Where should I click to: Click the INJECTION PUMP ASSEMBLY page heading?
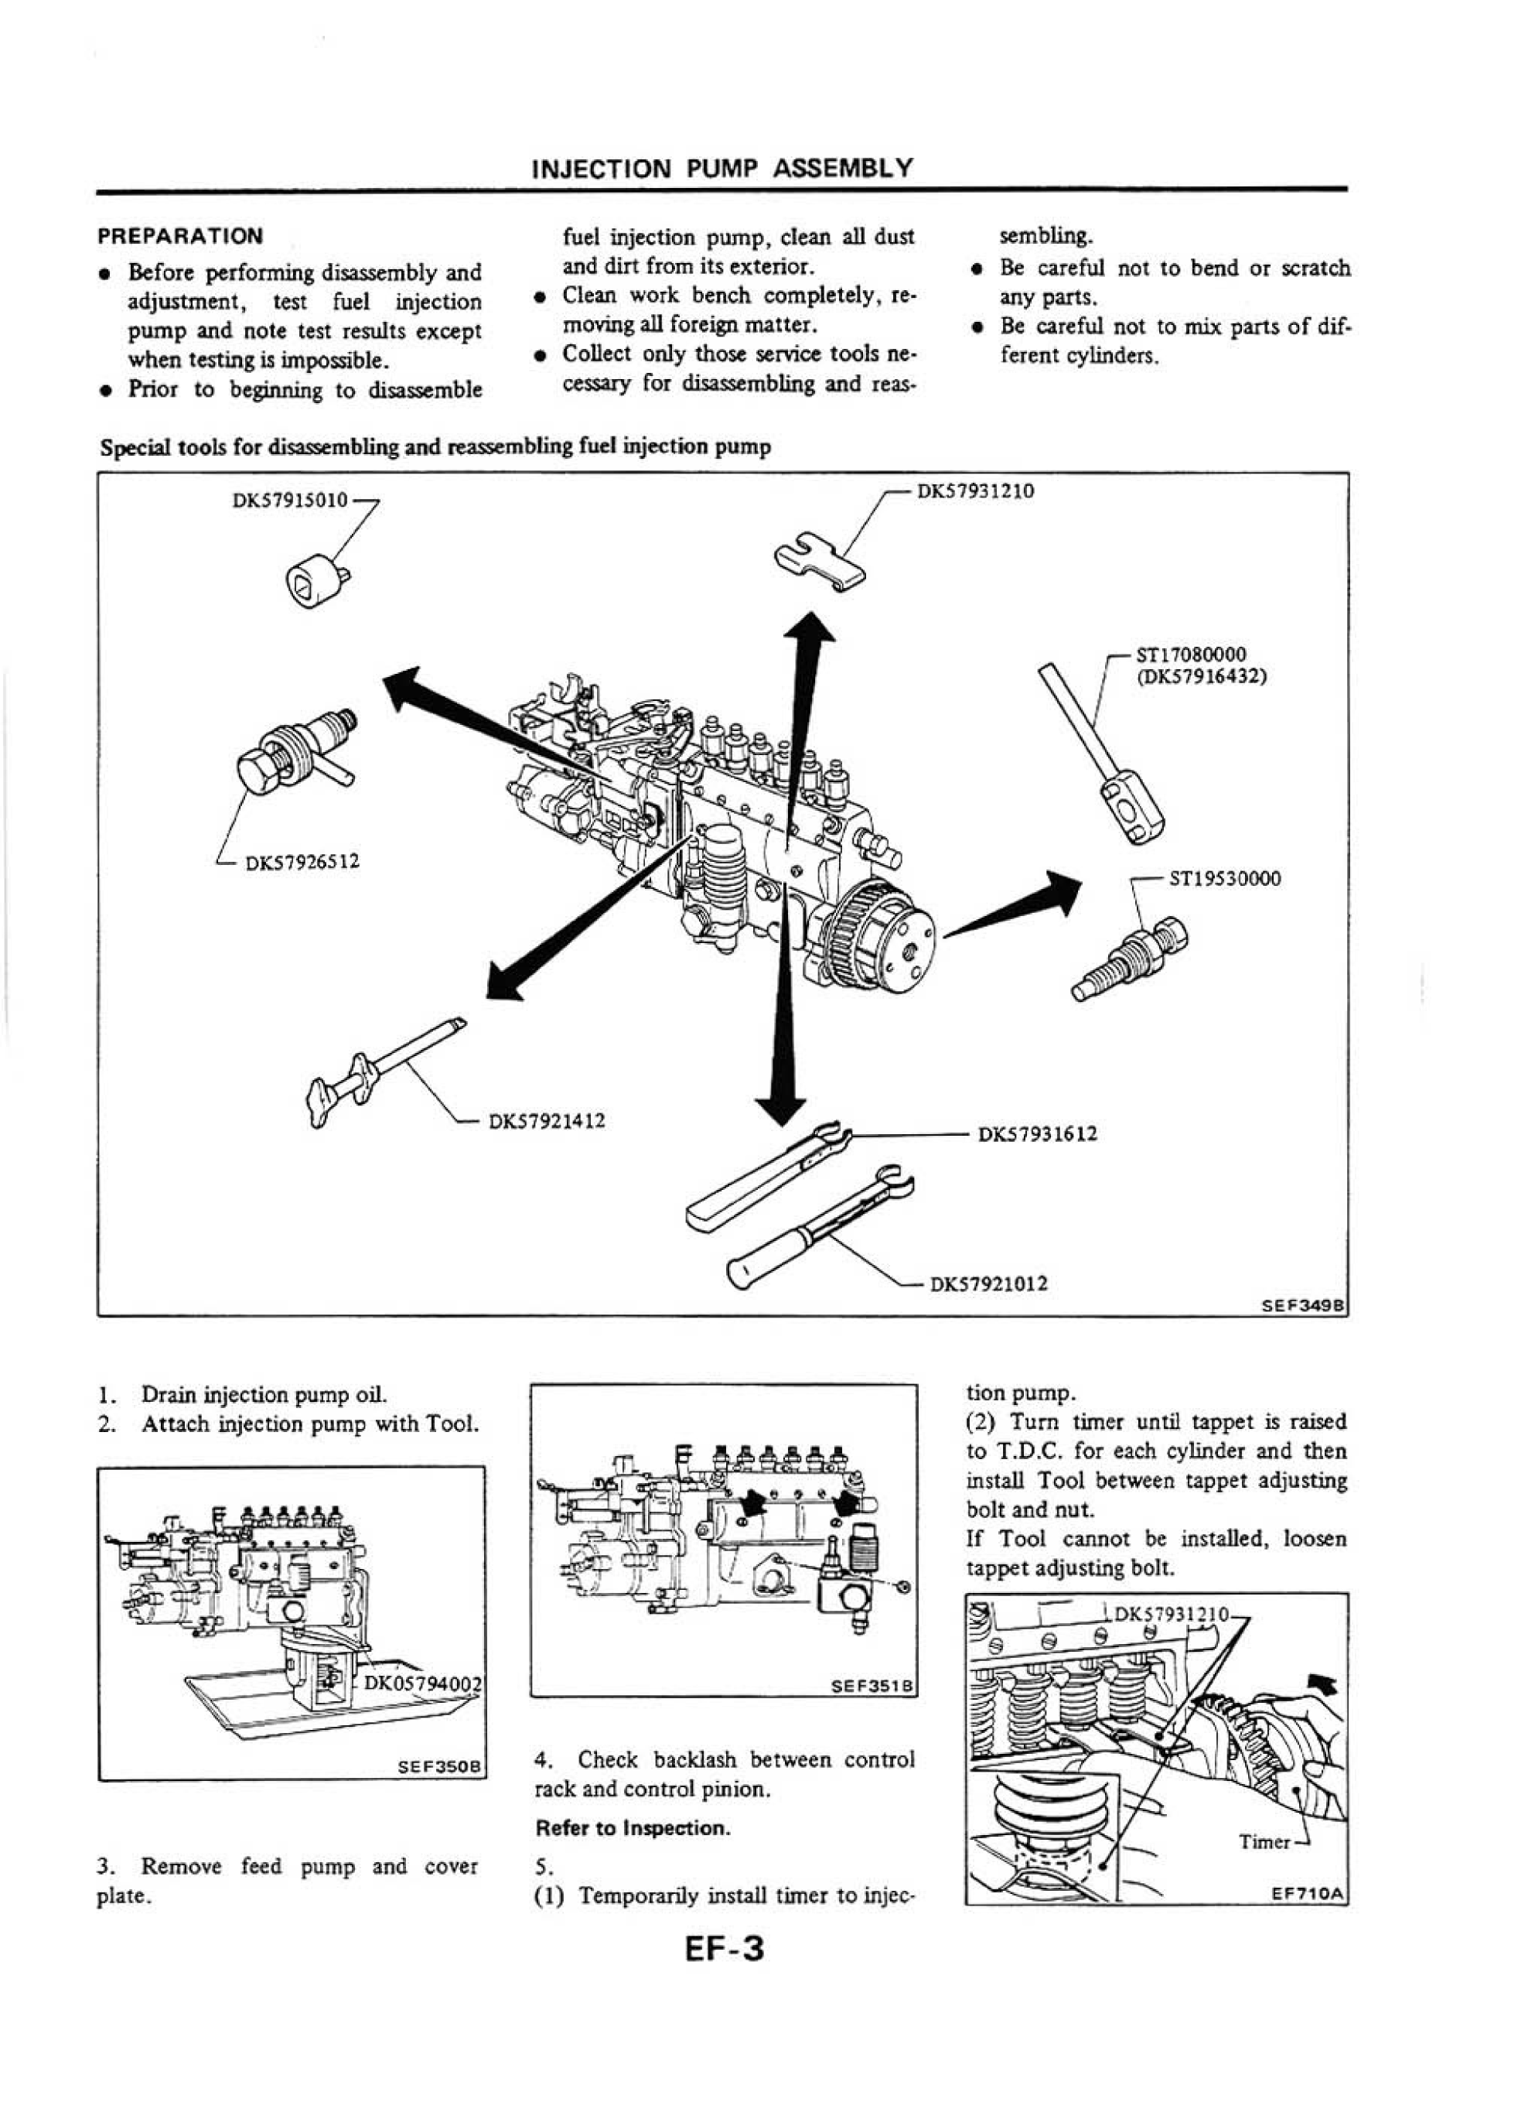pos(721,169)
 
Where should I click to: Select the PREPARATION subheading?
pos(180,235)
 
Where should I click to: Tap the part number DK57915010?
pos(289,501)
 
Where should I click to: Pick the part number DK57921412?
pos(547,1120)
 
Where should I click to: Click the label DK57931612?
pos(1037,1133)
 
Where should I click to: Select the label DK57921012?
pos(988,1284)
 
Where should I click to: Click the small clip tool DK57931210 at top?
pos(819,561)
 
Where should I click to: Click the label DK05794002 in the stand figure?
pos(423,1682)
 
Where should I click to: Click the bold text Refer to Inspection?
pos(633,1828)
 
